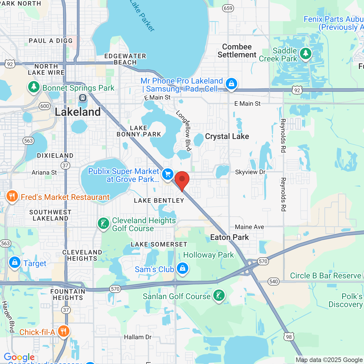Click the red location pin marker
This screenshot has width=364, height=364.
[x=182, y=180]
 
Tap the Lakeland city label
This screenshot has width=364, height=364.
[x=78, y=112]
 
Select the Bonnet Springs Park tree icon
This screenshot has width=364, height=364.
[x=34, y=86]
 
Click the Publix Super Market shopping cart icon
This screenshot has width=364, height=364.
[x=168, y=174]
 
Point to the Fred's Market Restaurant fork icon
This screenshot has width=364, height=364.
[x=12, y=196]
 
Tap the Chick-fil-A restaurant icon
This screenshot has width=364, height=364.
[x=64, y=331]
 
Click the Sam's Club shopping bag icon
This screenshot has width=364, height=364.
[x=183, y=268]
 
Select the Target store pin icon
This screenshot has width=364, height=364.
[x=15, y=262]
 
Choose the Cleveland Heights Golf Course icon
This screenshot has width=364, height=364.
[x=104, y=224]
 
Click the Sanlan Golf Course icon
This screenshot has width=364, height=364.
[x=219, y=295]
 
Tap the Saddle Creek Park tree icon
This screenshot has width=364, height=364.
[x=306, y=53]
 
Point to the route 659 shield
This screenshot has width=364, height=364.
[x=228, y=8]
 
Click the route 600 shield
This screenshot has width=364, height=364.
[x=45, y=106]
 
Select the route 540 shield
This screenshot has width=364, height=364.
[x=274, y=282]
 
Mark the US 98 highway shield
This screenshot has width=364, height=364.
[x=289, y=337]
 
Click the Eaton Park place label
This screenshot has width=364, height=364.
[x=229, y=237]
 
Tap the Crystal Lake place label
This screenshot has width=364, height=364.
[x=227, y=136]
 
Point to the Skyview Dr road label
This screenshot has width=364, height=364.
[x=250, y=172]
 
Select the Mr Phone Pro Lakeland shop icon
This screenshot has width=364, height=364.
[x=231, y=84]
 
